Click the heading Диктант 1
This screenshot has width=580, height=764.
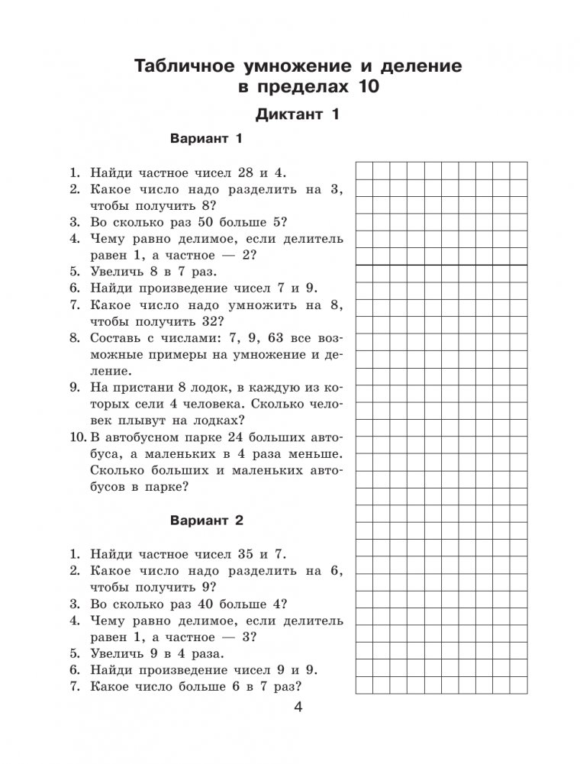[x=297, y=116]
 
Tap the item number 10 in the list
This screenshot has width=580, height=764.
[x=76, y=437]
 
